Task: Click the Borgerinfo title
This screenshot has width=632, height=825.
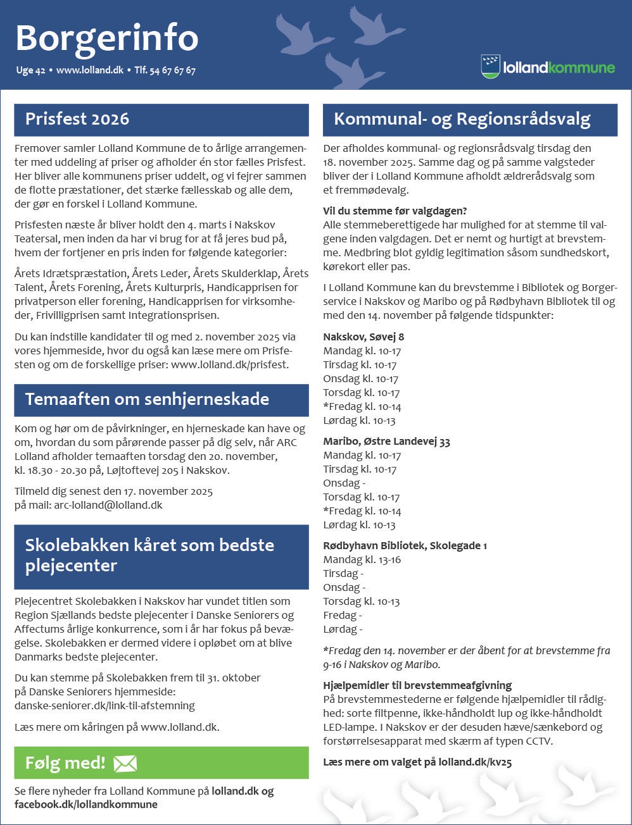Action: [x=106, y=38]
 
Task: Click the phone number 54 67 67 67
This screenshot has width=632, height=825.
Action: [x=172, y=71]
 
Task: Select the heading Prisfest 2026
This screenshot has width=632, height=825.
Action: [x=77, y=119]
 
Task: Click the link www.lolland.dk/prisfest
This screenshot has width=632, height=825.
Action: [x=229, y=364]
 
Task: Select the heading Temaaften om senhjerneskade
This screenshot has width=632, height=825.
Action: [x=147, y=399]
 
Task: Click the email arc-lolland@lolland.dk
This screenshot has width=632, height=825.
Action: [x=108, y=505]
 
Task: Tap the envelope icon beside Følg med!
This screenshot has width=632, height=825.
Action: [x=125, y=764]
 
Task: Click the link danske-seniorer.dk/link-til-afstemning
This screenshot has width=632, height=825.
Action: [x=104, y=705]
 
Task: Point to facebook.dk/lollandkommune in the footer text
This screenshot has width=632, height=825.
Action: [x=86, y=805]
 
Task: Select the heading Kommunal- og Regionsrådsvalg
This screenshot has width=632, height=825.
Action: [x=462, y=119]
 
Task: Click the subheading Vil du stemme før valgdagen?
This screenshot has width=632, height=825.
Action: [x=395, y=211]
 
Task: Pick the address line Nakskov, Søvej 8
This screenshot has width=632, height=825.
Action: [x=363, y=337]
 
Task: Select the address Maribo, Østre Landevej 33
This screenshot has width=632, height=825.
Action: [x=386, y=441]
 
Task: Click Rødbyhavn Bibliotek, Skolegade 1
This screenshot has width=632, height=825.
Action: [x=405, y=545]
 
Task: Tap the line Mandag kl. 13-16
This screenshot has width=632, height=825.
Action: [x=362, y=559]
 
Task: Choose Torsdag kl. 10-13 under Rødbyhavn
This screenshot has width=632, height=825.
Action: [x=361, y=601]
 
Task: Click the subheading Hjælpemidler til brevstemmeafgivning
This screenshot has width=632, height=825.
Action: [x=417, y=685]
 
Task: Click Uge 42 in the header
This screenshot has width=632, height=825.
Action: [x=30, y=71]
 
